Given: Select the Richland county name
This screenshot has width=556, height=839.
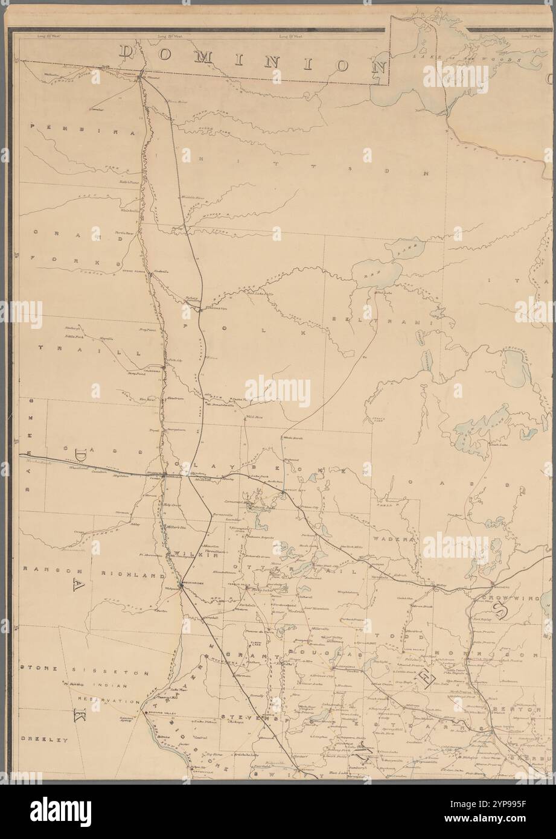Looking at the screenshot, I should tap(132, 575).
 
